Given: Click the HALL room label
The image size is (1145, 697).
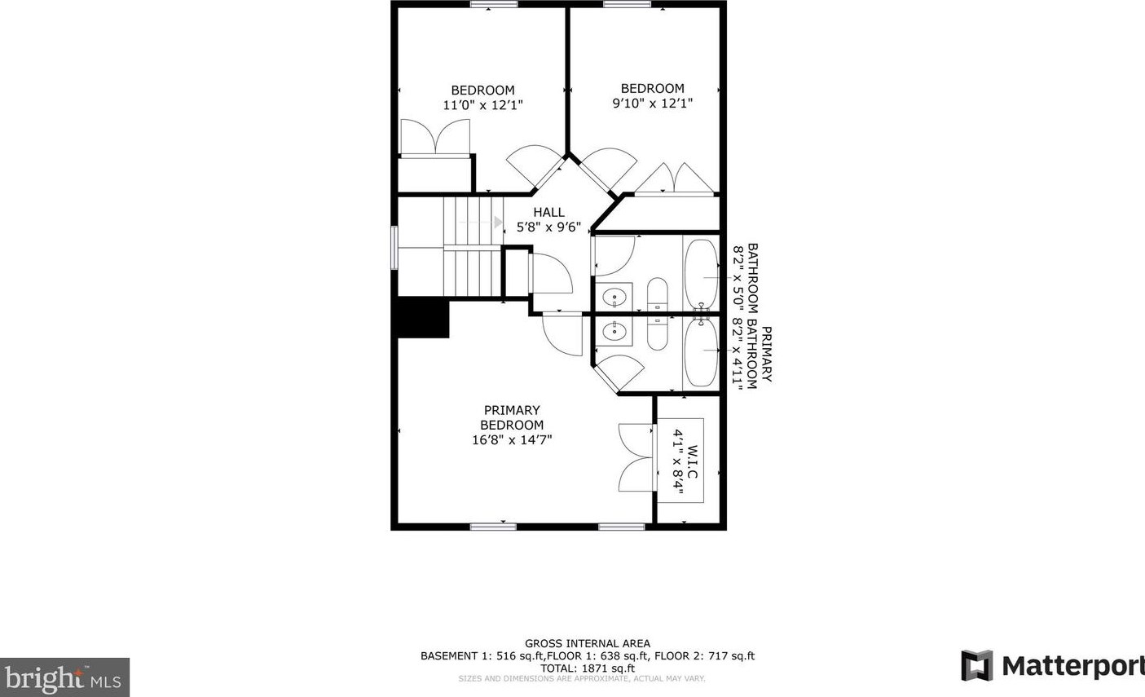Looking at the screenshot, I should (x=548, y=212).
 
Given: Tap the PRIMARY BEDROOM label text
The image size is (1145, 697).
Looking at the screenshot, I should (x=512, y=417).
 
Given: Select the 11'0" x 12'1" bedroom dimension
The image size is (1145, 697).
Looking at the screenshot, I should (x=482, y=105).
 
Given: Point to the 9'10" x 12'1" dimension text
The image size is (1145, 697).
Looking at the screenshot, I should (x=652, y=104).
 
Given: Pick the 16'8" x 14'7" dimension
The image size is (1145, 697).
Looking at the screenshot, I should (x=512, y=440).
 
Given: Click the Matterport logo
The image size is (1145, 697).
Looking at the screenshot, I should (x=1052, y=665).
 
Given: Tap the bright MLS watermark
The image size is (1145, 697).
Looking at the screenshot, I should (x=64, y=677).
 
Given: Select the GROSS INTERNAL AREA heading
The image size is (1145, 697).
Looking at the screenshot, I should (x=587, y=643).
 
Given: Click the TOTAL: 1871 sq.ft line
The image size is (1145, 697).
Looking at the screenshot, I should (x=587, y=668).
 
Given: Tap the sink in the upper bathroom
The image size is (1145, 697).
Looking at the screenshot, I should (x=617, y=297).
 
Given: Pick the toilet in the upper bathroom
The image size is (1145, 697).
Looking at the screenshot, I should (x=657, y=295).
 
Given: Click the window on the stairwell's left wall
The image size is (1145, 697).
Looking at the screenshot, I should (x=394, y=247).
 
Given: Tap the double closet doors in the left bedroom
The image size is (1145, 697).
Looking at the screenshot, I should (x=435, y=137).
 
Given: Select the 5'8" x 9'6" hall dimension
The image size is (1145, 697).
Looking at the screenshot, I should (x=548, y=227).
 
